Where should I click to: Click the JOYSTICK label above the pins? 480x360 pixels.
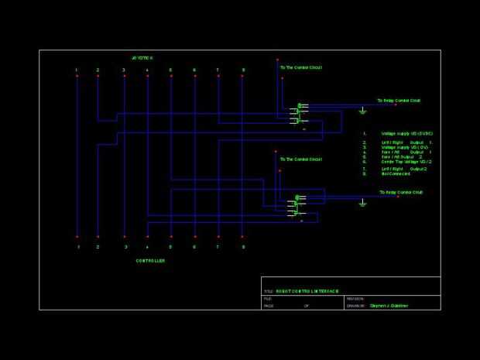click(142, 58)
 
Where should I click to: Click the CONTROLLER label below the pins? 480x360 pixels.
click(150, 261)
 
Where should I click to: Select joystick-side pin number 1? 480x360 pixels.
click(77, 70)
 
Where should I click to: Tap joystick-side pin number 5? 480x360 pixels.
click(170, 70)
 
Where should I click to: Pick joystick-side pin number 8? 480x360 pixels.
click(243, 70)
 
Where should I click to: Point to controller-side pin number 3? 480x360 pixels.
click(125, 247)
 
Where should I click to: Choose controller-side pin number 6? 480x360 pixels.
click(194, 247)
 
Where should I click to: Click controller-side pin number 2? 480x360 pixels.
click(98, 247)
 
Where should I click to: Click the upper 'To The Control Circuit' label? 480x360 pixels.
click(300, 67)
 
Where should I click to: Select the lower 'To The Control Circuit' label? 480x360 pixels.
click(300, 159)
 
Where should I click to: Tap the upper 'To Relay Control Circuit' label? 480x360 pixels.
click(399, 101)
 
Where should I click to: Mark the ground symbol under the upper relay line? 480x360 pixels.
click(362, 111)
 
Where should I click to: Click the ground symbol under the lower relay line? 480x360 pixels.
click(362, 204)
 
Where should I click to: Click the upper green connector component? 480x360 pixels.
click(300, 113)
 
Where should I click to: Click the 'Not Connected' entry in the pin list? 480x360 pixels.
click(396, 173)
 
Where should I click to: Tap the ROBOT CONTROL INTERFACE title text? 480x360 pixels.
click(307, 291)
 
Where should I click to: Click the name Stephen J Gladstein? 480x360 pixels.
click(389, 306)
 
